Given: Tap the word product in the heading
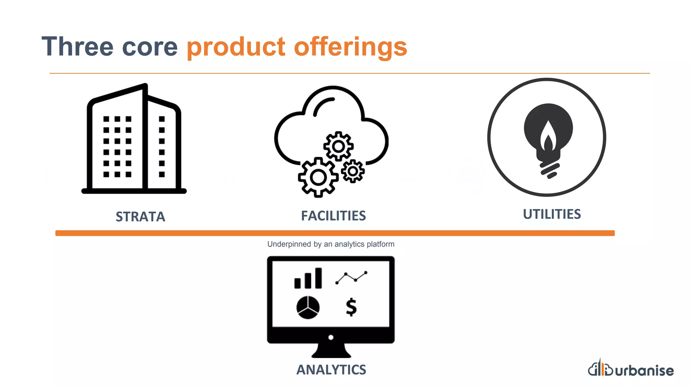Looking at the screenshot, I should click(x=236, y=47).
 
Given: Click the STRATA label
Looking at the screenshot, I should click(x=140, y=217).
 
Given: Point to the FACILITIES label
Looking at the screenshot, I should click(x=333, y=216).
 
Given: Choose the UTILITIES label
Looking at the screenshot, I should click(x=552, y=214).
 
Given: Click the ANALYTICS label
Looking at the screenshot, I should click(x=331, y=370).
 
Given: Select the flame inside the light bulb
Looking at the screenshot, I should click(x=548, y=136).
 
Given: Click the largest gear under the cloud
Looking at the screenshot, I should click(x=318, y=177).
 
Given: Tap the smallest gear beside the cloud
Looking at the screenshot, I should click(x=353, y=171).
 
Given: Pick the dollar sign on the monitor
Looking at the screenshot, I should click(x=351, y=307).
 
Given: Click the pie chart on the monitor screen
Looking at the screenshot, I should click(x=308, y=307).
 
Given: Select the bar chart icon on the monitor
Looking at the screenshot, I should click(x=308, y=279).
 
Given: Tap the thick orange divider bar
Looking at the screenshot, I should click(x=335, y=233).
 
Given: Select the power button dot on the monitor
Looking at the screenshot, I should click(x=331, y=337).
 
